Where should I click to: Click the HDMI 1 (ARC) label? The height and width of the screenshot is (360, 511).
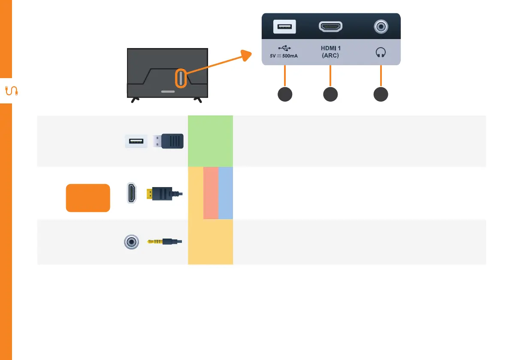tap(330, 52)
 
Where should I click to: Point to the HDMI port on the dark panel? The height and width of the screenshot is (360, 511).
tap(330, 27)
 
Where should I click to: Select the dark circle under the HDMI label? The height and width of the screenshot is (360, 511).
tap(330, 95)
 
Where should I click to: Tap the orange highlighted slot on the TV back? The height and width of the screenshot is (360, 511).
tap(181, 79)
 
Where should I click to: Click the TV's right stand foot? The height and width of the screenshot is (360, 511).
tap(198, 100)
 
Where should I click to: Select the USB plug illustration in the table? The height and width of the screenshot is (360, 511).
tap(168, 141)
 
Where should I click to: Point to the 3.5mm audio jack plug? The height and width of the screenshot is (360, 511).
tap(165, 242)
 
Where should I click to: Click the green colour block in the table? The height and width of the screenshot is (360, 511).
tap(210, 141)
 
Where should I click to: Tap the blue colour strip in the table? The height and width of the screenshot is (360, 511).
tap(226, 193)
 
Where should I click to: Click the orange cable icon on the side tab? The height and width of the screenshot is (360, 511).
tap(11, 91)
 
